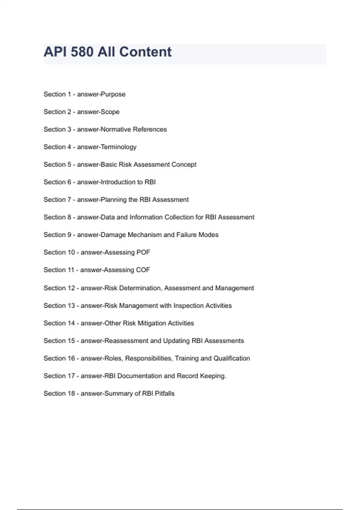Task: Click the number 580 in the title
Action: point(82,52)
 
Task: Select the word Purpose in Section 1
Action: point(113,94)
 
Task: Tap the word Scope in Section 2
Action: point(110,112)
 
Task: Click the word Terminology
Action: point(118,147)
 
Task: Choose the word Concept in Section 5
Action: point(184,164)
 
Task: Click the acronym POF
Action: point(143,252)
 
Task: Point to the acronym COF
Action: point(143,270)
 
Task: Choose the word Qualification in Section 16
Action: point(231,358)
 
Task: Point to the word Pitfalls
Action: point(164,393)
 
